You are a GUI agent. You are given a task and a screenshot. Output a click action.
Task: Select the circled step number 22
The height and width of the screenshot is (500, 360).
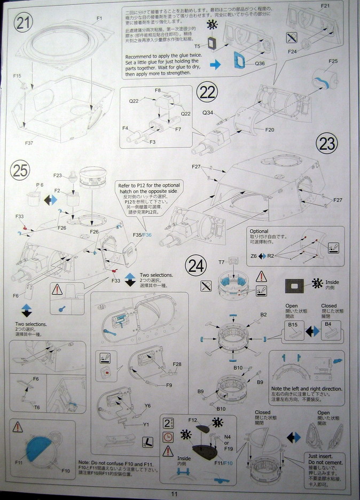coord(207,92)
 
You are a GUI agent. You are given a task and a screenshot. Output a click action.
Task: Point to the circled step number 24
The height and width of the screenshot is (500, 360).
coord(196,264)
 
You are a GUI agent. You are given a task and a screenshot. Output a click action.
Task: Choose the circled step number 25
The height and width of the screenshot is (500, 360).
coord(20,170)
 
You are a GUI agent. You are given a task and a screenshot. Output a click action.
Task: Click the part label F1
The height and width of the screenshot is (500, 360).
coord(99,19)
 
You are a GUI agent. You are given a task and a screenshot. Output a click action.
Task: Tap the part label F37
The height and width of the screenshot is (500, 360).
coord(29,143)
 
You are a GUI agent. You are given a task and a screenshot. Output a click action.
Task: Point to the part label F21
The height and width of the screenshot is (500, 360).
coord(325,6)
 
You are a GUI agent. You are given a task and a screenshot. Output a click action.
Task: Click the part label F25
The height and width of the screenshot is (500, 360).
coord(333,61)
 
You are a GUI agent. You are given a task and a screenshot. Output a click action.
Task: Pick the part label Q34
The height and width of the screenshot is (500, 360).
coord(208,113)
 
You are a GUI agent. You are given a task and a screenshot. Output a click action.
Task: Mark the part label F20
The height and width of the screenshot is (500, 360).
coord(270,130)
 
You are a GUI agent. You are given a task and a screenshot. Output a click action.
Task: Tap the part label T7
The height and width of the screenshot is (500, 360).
coord(221,262)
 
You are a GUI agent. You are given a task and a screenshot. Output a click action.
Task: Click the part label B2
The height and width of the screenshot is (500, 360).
coord(263,315)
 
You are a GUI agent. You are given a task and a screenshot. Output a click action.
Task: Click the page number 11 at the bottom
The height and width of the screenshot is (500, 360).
coord(174,494)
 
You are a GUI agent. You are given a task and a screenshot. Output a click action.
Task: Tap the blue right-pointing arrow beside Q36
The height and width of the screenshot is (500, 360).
coord(215,65)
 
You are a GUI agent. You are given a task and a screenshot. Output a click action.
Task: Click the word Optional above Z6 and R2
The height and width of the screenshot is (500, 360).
coord(259,231)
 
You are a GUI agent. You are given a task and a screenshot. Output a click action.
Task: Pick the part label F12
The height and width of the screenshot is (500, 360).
coord(193,420)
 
